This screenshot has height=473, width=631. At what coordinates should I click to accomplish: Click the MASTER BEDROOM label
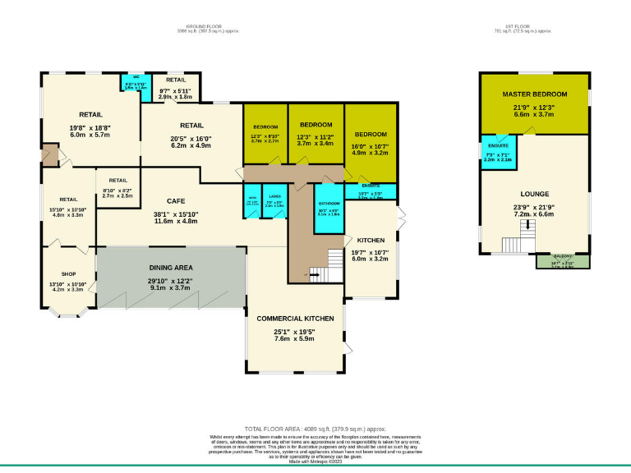[x=535, y=95]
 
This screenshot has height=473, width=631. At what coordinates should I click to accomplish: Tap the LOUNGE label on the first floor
[x=534, y=194]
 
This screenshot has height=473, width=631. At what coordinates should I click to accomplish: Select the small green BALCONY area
[x=562, y=261]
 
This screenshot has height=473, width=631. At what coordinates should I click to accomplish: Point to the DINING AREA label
[x=171, y=268]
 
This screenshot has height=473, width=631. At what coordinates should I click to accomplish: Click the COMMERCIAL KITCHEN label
[x=295, y=318]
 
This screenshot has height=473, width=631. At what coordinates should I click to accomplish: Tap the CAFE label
[x=176, y=201]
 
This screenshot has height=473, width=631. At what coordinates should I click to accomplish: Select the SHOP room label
[x=68, y=274]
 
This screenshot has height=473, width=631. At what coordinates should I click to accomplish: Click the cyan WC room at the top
[x=135, y=86]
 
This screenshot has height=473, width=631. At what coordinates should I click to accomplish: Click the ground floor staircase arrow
[x=313, y=275]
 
